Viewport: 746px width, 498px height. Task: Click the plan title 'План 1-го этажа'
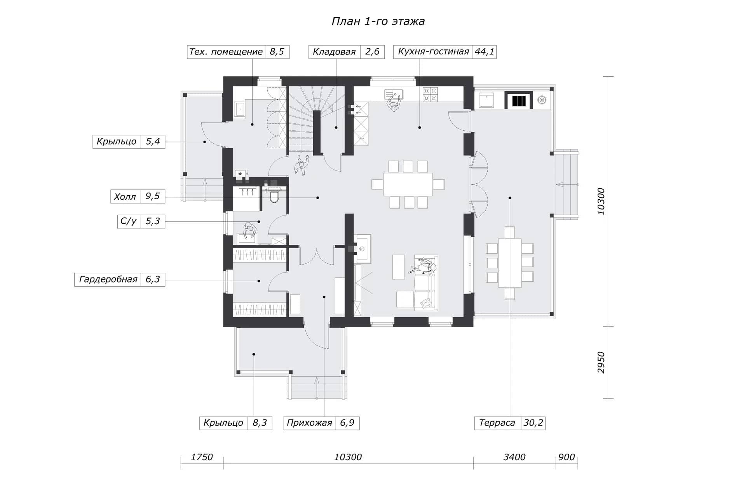(378, 21)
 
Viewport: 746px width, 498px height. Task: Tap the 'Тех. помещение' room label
(226, 52)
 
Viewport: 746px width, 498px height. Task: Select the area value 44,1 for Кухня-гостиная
(484, 52)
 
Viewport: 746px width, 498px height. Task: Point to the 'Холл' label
(125, 196)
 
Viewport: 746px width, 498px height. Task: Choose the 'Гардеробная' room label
(108, 279)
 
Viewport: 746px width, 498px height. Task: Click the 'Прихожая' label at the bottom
(309, 423)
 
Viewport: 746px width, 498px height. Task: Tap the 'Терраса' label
(497, 423)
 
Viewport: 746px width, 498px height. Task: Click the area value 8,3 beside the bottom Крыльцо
(260, 423)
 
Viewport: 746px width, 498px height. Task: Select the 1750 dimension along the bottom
(202, 457)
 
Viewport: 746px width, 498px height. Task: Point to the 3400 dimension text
(514, 457)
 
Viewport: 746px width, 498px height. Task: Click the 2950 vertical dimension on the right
(601, 363)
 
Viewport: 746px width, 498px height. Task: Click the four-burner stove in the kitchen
(431, 95)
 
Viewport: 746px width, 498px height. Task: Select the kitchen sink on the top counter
(394, 94)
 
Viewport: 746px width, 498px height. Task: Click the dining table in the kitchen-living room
(408, 184)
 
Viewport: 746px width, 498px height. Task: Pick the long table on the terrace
(510, 263)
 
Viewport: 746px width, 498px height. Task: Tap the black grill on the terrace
(519, 100)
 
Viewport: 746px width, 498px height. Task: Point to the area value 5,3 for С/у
(153, 221)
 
